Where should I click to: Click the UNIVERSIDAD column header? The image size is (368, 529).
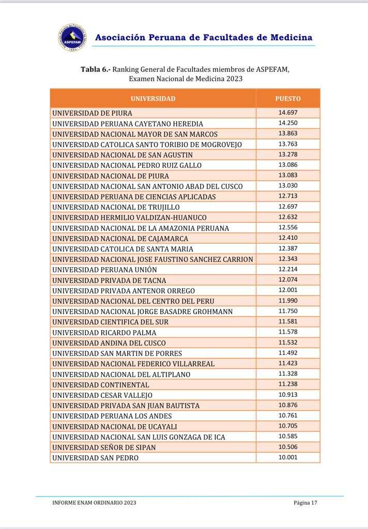click(152, 99)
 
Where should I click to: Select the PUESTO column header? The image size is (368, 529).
click(288, 99)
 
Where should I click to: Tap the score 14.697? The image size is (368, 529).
click(288, 113)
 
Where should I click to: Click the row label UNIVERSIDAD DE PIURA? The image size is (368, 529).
click(93, 113)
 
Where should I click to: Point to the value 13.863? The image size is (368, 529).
click(288, 133)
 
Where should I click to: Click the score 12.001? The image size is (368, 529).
click(288, 290)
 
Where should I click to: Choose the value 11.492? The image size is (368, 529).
click(288, 353)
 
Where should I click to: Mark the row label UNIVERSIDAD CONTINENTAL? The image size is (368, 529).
click(101, 384)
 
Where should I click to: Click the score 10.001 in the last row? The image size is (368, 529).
click(288, 457)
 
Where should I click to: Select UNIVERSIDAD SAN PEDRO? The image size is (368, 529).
click(96, 458)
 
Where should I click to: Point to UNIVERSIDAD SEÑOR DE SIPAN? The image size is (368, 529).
click(104, 447)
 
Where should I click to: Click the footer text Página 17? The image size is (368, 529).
click(305, 503)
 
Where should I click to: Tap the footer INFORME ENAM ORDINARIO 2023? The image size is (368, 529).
click(95, 503)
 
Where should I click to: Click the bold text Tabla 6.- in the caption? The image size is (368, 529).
click(96, 69)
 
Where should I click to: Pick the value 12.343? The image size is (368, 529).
click(288, 259)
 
